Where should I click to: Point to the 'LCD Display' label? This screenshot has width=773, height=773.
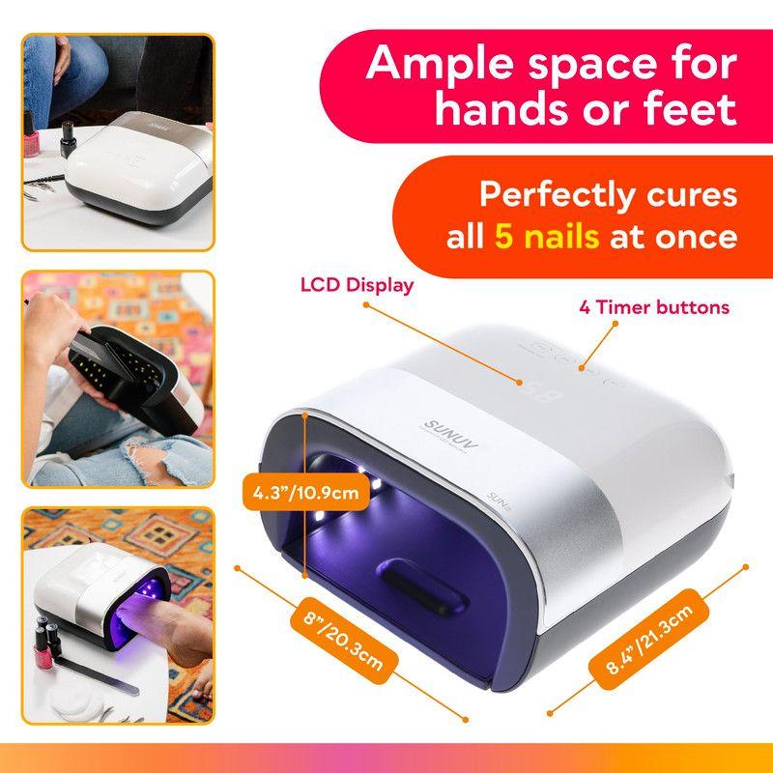pos(357,285)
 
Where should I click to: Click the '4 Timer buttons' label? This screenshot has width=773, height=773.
pos(654,308)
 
